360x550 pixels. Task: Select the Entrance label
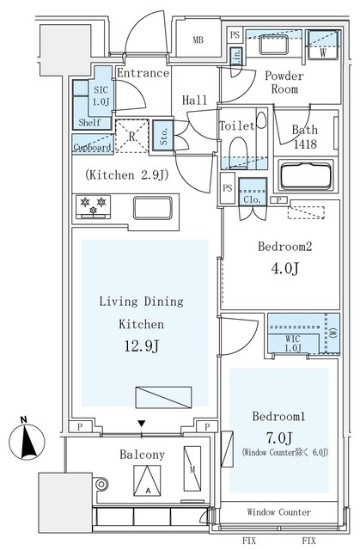point(142,73)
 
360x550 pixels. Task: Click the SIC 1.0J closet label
point(101,95)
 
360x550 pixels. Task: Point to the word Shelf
point(90,122)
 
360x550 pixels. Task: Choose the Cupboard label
point(90,147)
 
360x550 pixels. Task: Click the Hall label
point(195,101)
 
